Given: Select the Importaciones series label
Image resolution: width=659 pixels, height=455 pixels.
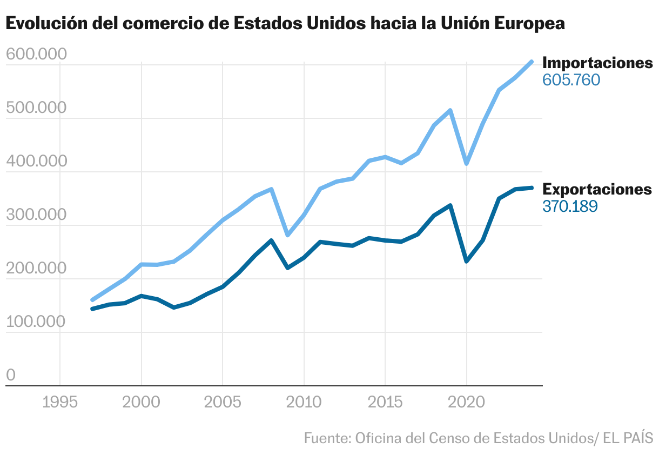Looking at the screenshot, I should pos(597,63).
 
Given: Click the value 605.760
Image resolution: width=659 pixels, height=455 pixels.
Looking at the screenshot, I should pos(571,81).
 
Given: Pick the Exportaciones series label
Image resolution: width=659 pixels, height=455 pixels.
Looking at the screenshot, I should pos(597,189).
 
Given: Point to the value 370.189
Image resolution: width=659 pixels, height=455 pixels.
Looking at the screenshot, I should pos(570,206).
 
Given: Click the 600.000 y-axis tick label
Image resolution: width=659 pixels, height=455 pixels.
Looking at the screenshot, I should pos(36,55).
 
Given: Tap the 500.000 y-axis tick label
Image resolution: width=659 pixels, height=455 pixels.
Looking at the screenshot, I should pos(36,108).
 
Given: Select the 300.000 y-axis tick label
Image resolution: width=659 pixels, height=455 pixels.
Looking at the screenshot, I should pos(36,215).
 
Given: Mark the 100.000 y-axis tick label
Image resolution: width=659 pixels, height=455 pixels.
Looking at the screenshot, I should pos(36,322).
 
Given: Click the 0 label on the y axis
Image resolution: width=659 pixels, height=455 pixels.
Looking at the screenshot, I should pos(11,376).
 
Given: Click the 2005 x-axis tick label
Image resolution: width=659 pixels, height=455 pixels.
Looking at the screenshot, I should pos(223,403).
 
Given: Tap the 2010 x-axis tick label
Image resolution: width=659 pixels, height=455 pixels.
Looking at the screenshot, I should pos(304,403).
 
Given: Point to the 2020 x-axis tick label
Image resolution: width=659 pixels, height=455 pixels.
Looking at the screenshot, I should pos(467,403).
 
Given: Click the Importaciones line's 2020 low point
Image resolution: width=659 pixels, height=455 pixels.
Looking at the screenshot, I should pos(467,163).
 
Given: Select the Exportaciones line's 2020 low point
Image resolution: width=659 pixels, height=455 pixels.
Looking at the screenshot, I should pos(467,261).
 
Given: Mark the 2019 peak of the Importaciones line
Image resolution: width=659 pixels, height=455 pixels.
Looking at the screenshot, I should pos(450,111).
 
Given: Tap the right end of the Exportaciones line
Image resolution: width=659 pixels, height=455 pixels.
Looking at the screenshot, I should pos(532,188).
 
